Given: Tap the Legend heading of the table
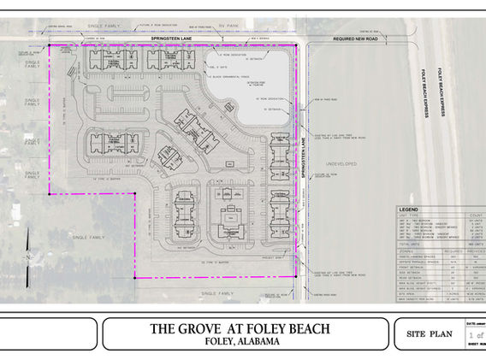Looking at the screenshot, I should (x=410, y=209).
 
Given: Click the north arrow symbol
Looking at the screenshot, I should (x=29, y=254).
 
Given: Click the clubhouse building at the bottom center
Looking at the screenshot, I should (x=229, y=221).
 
